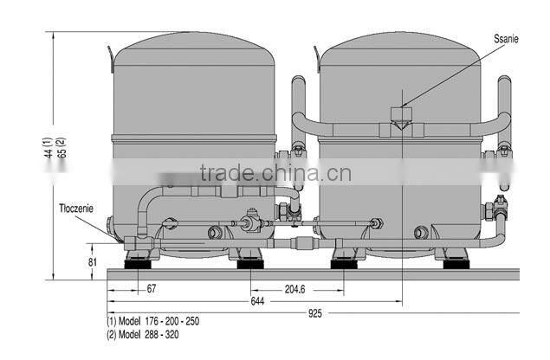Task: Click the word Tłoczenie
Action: (78, 209)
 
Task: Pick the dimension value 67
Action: (152, 288)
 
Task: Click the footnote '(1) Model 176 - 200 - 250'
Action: (152, 321)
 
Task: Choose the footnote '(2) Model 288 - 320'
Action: (144, 332)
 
